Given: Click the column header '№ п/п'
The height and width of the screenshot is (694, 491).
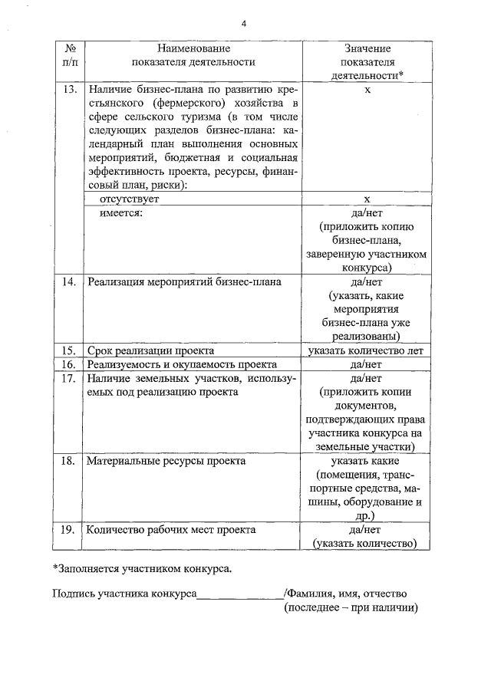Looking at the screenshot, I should (68, 55).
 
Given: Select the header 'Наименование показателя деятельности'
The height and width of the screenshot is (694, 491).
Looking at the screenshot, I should (193, 55).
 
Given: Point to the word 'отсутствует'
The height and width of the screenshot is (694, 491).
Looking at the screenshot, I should (128, 198).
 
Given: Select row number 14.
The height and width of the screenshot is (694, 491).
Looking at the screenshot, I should (68, 281).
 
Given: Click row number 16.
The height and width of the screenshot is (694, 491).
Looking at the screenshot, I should (68, 364).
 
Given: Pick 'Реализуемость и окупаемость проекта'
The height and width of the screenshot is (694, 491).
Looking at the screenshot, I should (181, 364).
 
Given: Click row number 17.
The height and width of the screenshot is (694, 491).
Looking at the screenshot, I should (68, 378).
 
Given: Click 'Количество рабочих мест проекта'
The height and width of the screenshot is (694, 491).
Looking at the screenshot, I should (171, 529).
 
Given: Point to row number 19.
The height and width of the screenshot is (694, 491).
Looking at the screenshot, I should (68, 529).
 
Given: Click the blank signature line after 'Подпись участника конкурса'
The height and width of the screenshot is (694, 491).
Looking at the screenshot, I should (239, 595).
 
